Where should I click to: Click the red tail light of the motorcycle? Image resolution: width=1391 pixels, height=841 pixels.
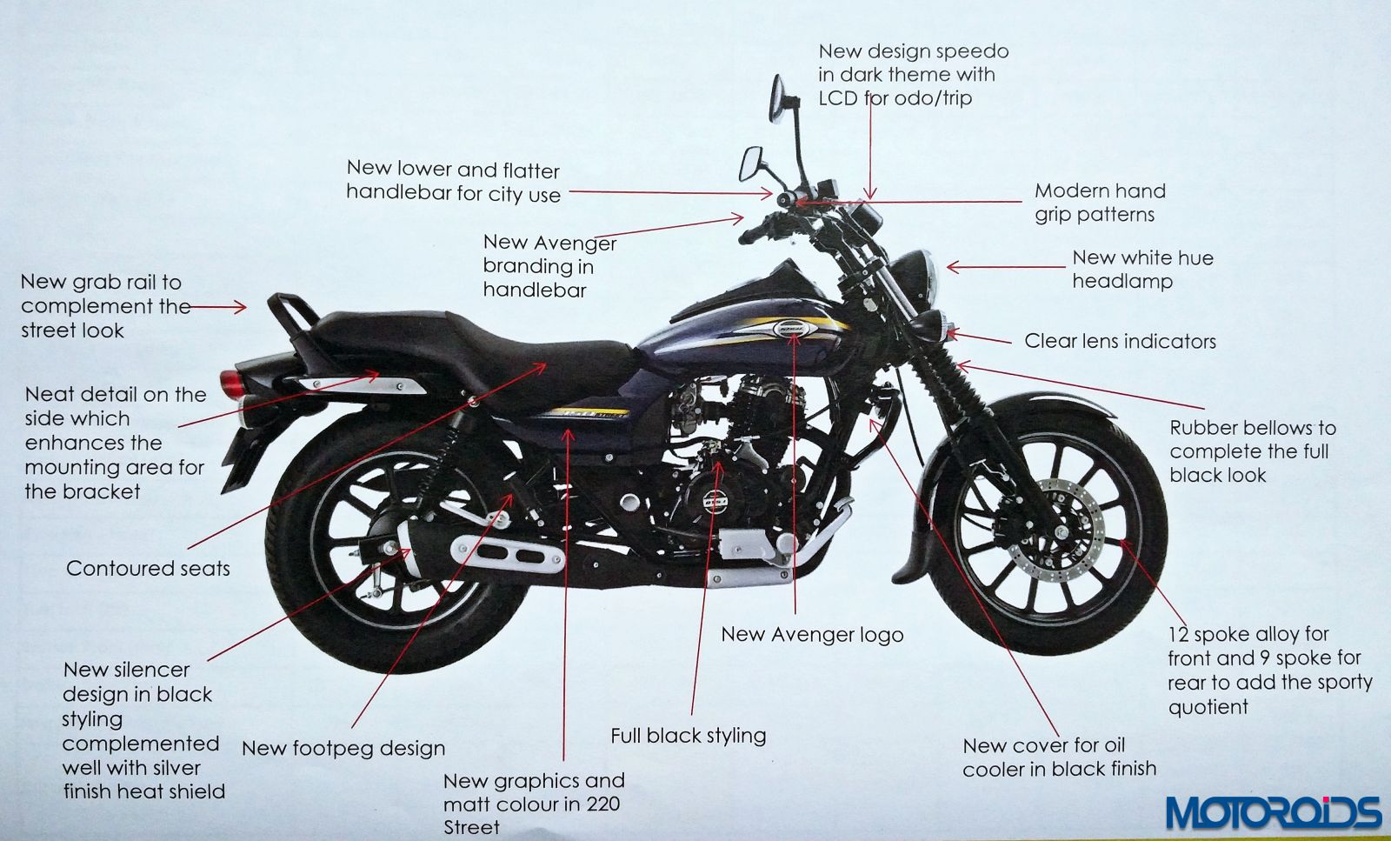pos(230,381)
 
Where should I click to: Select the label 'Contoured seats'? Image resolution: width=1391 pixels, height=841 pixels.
pos(148,569)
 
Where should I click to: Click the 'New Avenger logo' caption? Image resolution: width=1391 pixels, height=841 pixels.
pos(812,635)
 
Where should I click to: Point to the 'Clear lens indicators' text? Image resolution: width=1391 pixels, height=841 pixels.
pos(1120,341)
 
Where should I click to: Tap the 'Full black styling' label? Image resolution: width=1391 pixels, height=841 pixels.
pos(688,736)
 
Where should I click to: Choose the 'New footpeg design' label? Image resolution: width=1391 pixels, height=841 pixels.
pos(343,748)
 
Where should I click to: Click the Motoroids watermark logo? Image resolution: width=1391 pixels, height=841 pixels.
pos(1273,812)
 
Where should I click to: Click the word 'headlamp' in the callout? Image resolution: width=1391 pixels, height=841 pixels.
pos(1121,282)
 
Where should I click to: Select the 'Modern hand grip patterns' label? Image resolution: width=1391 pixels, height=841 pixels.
pos(1099,203)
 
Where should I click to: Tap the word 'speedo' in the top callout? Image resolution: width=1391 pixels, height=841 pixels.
pos(975,51)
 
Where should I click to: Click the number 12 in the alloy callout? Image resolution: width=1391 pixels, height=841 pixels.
pos(1179,634)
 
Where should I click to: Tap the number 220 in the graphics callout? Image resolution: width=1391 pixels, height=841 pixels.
pos(602,804)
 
